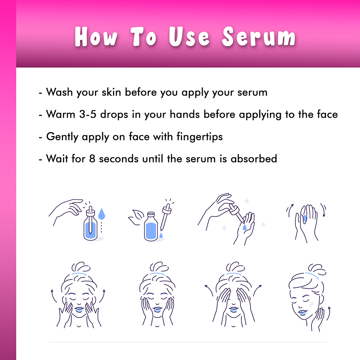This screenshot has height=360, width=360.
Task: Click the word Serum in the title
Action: click(x=259, y=36)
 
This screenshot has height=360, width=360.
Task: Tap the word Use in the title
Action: click(x=189, y=36)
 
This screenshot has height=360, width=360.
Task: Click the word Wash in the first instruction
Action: click(x=59, y=92)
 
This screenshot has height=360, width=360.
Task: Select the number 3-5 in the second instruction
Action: click(x=88, y=114)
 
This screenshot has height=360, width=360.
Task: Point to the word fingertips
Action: click(x=199, y=137)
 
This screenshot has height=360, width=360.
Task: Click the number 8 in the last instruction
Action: click(x=92, y=159)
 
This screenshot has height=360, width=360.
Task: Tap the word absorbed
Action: click(x=254, y=158)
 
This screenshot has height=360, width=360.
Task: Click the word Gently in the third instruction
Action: click(x=62, y=137)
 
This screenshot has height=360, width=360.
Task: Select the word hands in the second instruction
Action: click(x=185, y=114)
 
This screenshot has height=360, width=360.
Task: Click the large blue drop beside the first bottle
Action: click(x=102, y=214)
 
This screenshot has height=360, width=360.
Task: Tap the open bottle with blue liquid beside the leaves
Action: click(x=151, y=226)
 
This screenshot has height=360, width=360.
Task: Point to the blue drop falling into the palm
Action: click(x=244, y=227)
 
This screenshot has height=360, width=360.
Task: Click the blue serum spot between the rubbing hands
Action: click(x=305, y=218)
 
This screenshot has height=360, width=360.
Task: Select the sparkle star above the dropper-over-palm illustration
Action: click(x=247, y=201)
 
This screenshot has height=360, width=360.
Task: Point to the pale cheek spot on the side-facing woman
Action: click(x=311, y=304)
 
